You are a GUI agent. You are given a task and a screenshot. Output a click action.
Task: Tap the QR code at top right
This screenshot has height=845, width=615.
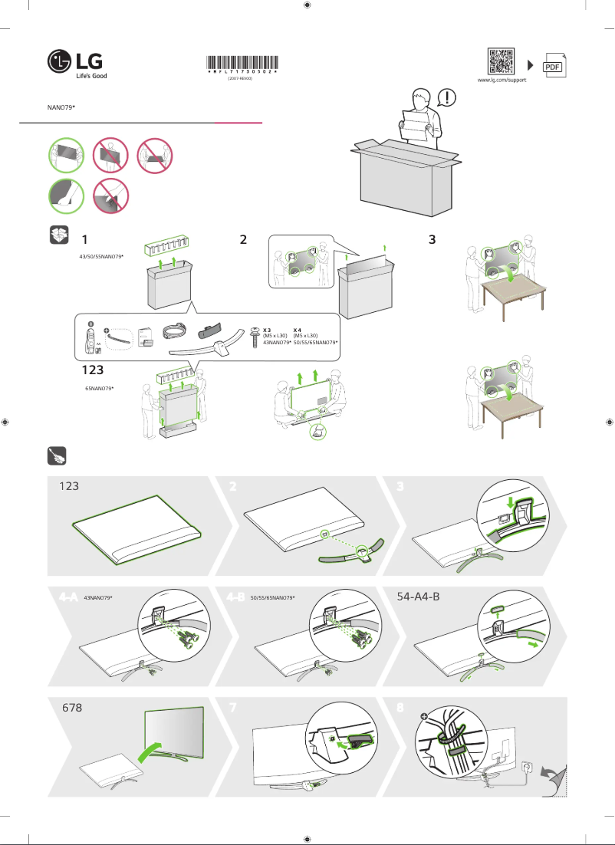click(502, 61)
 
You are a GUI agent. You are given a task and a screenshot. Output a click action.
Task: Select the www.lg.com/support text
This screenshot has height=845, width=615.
click(502, 80)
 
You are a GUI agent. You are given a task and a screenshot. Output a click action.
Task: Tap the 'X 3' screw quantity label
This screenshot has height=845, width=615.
click(267, 329)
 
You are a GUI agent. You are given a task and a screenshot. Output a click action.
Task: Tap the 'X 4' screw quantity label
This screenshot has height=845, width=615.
click(297, 329)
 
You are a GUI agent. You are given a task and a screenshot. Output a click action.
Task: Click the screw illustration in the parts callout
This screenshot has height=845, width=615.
click(254, 338)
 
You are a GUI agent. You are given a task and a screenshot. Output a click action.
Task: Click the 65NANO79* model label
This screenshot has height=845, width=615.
click(99, 389)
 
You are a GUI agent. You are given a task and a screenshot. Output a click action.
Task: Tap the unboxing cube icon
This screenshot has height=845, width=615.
click(58, 235)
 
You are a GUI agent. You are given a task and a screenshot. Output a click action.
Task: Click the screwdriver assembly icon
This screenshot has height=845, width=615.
click(58, 457)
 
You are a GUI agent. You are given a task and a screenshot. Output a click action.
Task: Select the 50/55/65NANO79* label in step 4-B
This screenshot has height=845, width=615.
click(272, 597)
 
